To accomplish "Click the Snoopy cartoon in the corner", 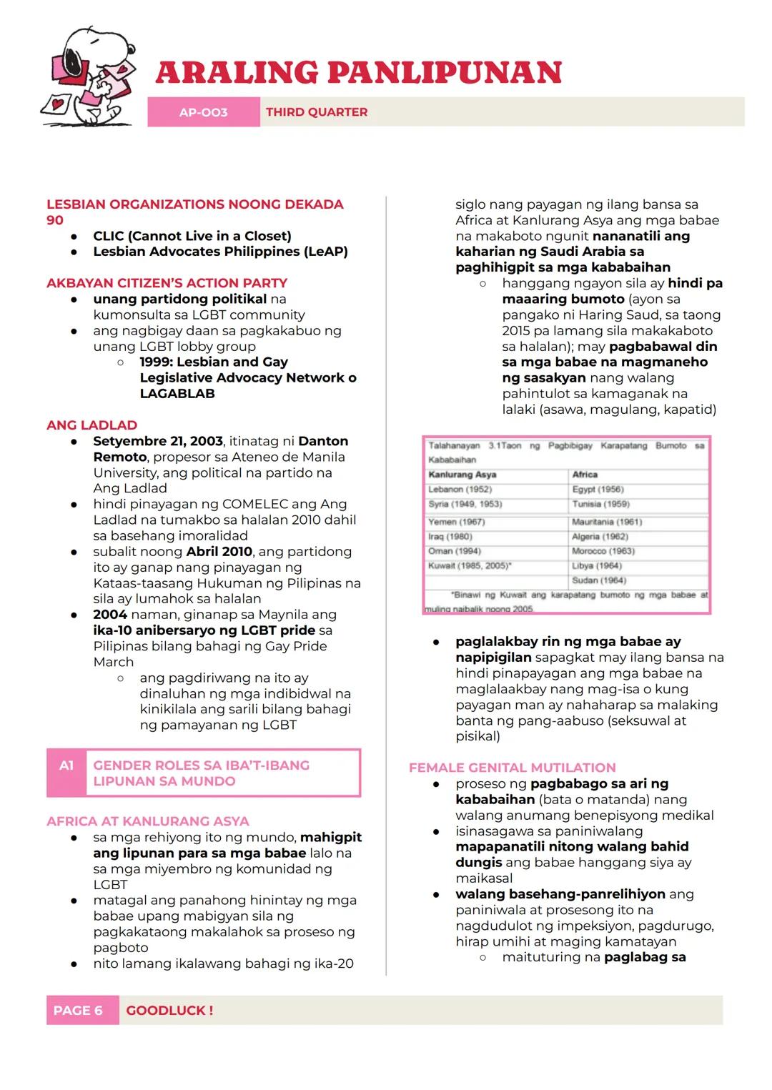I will [x=87, y=77].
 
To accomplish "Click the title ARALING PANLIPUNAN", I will [x=358, y=73].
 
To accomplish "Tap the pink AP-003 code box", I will [x=204, y=112].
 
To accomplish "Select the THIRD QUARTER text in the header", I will [x=317, y=112].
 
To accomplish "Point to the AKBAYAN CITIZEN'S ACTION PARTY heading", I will [x=167, y=283].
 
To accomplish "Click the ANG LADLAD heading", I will [x=91, y=425].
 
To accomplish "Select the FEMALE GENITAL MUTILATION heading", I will [x=512, y=768].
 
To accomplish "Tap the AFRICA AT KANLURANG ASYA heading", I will [x=148, y=821].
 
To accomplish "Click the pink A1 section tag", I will [x=66, y=766].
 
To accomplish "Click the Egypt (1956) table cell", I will [x=598, y=490].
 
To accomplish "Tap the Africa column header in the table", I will [x=585, y=475].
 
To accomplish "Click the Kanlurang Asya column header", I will [x=462, y=475].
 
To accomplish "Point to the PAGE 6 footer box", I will [x=79, y=1011].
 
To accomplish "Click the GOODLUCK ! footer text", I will [x=169, y=1011].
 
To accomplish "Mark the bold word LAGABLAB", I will [x=177, y=394].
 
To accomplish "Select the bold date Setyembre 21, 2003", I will [x=158, y=441].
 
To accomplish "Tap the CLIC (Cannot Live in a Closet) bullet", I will [x=192, y=236].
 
